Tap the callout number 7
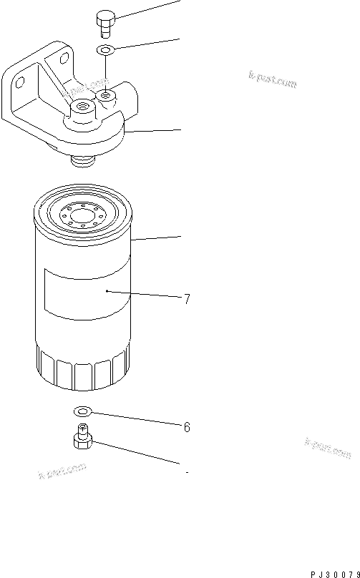click(187, 300)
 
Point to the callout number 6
click(187, 427)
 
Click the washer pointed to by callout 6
click(82, 411)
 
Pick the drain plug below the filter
click(82, 437)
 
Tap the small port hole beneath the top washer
click(106, 94)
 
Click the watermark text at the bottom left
click(62, 471)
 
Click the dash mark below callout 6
click(187, 473)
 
